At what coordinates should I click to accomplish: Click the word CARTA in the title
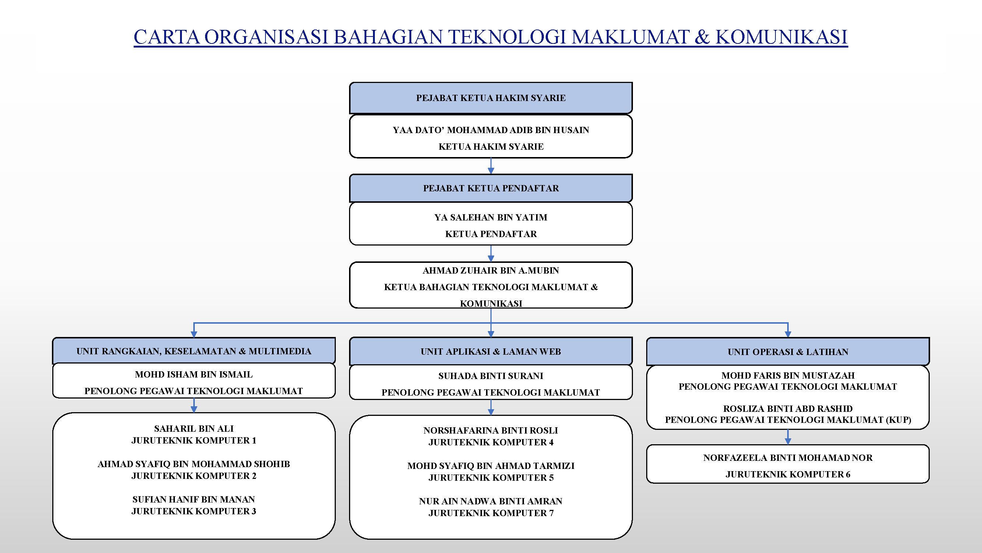tap(166, 37)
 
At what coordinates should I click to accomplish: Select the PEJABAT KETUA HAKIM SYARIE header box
tap(491, 98)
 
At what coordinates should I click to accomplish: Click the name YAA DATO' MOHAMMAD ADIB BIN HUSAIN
tap(491, 130)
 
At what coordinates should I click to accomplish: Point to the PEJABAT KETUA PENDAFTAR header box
tap(491, 188)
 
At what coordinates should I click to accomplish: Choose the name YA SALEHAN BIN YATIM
tap(491, 218)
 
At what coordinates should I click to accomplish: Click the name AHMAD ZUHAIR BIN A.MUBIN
tap(491, 271)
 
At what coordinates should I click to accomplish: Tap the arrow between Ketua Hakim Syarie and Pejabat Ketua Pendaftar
tap(491, 166)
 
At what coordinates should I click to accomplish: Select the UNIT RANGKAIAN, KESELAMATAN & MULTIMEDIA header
tap(194, 351)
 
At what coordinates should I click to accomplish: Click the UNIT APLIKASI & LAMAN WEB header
tap(491, 351)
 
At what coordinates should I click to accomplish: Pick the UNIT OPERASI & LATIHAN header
tap(788, 351)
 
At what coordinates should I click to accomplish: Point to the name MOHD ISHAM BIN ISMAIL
tap(194, 375)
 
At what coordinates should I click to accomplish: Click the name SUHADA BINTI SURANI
tap(491, 376)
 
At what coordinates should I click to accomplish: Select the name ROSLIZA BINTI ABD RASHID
tap(788, 409)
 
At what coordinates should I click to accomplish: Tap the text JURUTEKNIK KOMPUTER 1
tap(194, 441)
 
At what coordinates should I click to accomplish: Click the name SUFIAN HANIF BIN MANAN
tap(194, 500)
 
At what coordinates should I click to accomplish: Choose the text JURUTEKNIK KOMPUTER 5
tap(491, 478)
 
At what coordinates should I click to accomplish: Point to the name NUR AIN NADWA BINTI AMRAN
tap(491, 501)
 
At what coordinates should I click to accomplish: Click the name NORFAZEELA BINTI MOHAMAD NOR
tap(788, 458)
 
